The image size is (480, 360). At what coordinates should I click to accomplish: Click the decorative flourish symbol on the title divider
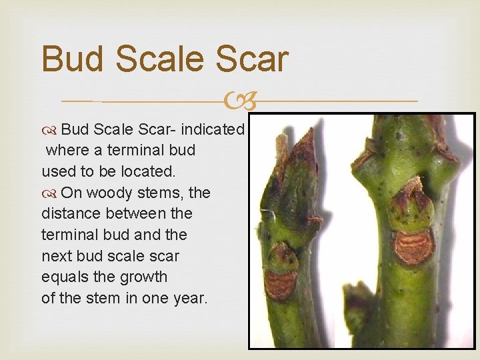pos(241,102)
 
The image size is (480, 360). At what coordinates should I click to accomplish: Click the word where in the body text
pos(67,150)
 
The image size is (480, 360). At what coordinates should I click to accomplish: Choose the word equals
pos(66,277)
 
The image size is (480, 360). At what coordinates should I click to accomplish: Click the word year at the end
pos(191,298)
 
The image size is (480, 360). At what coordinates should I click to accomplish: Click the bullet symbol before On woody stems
pos(49,193)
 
